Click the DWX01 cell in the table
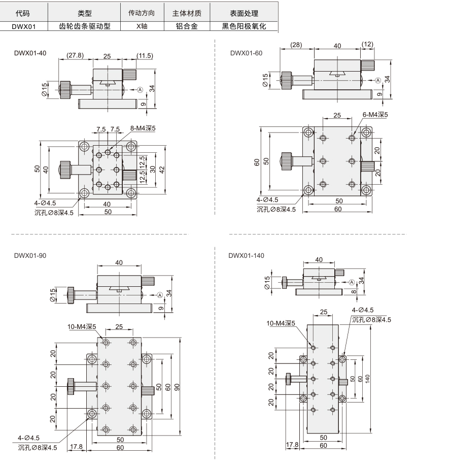tap(23, 26)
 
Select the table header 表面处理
tap(244, 13)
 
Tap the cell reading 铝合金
tap(187, 26)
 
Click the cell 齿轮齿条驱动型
tap(84, 26)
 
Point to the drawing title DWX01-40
tap(30, 53)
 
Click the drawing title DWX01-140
tap(246, 255)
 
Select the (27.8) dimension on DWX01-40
tap(75, 55)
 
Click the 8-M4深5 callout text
tap(143, 128)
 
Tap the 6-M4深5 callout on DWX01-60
tap(375, 115)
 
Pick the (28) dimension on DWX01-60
tap(296, 45)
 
